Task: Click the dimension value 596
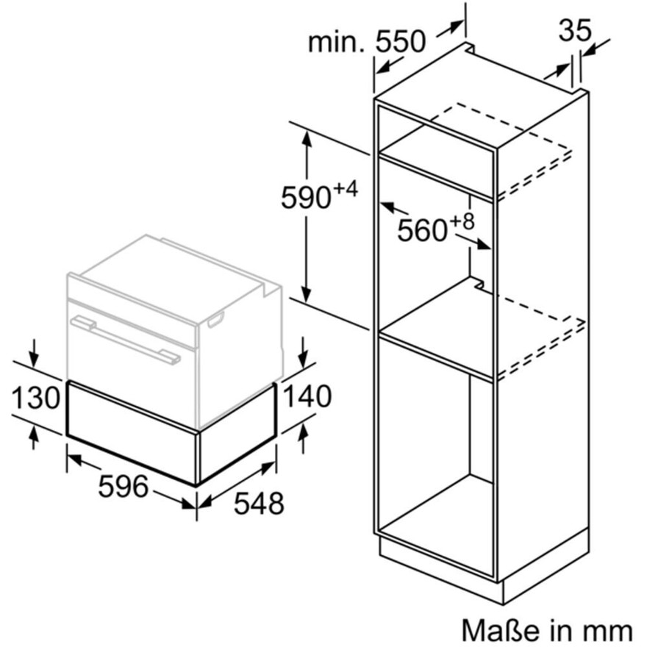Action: tap(123, 486)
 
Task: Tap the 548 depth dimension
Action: tap(259, 503)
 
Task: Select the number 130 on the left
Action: tap(36, 397)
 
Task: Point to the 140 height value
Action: tap(307, 396)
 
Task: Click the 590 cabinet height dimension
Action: tap(306, 198)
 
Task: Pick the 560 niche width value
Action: tap(423, 230)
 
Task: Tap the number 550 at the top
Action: tap(400, 41)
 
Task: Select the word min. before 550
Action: tap(336, 42)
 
